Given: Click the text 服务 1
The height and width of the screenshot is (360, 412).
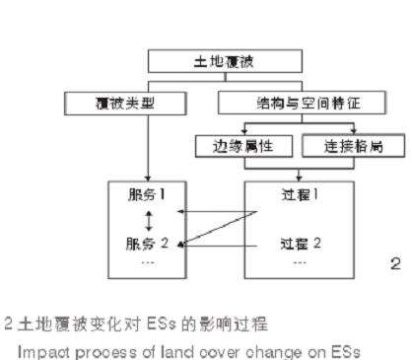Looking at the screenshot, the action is [x=147, y=194].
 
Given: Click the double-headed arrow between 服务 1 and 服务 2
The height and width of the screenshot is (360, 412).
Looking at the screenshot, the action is [x=148, y=218].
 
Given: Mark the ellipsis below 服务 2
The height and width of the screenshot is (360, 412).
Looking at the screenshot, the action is [x=147, y=262].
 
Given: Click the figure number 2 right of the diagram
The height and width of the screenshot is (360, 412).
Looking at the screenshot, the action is [x=394, y=263].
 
